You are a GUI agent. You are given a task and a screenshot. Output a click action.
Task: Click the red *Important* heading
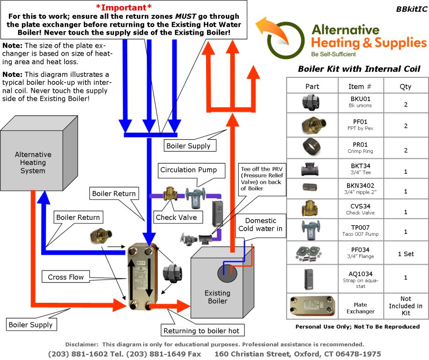tap(124, 7)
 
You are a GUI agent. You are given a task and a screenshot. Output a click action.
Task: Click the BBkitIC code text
tap(410, 9)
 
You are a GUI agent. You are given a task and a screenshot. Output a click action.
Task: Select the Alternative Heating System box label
tap(33, 162)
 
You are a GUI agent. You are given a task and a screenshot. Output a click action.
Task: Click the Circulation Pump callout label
tap(189, 170)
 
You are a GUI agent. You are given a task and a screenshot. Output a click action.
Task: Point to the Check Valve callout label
tap(176, 217)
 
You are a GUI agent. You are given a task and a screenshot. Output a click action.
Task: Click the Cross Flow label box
tap(66, 277)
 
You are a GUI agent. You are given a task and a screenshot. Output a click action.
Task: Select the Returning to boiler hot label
tap(201, 331)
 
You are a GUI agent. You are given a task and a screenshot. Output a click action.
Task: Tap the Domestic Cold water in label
tap(264, 225)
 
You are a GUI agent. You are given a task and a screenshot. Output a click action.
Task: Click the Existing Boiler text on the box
tap(217, 297)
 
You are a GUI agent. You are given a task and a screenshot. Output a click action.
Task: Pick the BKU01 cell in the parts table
tap(361, 102)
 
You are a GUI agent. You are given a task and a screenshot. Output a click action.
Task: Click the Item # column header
tap(361, 86)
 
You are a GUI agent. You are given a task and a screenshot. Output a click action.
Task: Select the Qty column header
tap(406, 86)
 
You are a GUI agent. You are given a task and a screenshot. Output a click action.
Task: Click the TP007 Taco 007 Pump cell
tap(361, 230)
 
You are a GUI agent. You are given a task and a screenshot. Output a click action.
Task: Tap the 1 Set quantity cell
tap(406, 254)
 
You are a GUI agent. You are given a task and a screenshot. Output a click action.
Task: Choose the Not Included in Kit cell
tap(406, 306)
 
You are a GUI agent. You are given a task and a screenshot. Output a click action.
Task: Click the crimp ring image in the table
tap(312, 148)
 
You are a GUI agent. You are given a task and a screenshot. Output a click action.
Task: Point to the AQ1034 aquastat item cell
tap(361, 277)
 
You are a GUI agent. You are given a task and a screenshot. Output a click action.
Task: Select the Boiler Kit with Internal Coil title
tap(359, 69)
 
